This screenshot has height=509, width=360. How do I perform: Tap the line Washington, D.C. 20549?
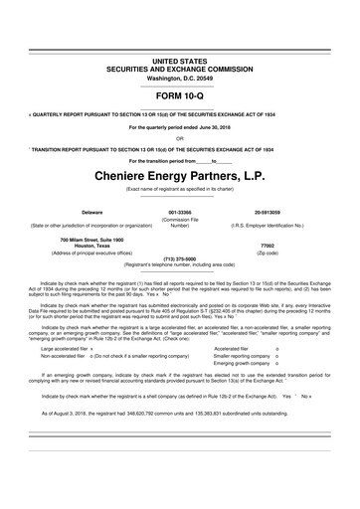[179, 78]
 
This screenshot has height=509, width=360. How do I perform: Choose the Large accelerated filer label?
[63, 349]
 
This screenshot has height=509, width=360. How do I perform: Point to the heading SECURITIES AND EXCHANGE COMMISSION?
[179, 70]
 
